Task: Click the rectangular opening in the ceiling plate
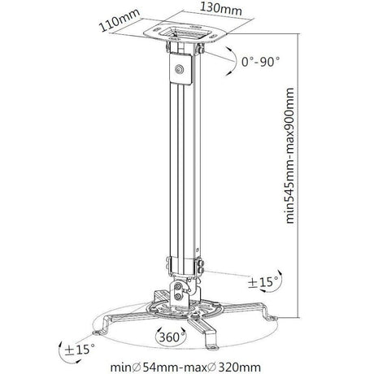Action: coord(180,34)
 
